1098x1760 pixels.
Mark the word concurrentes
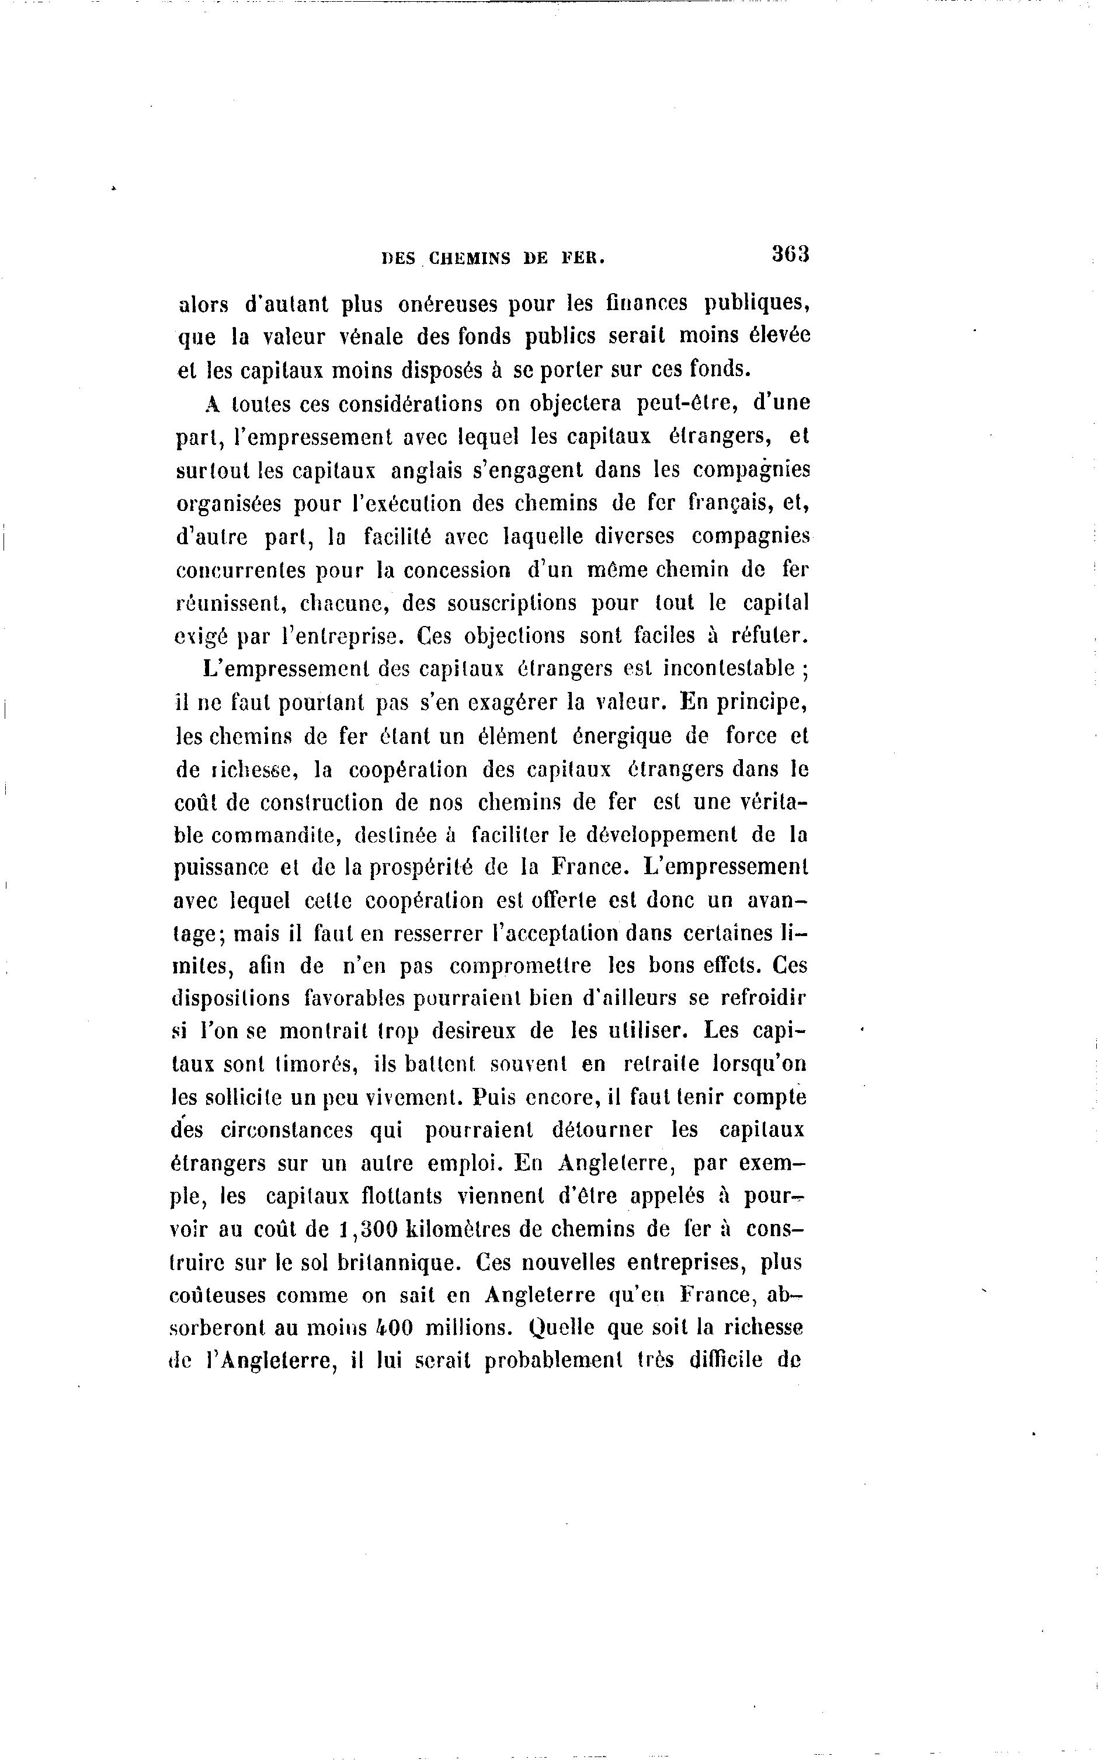tap(246, 571)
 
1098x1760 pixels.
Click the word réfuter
tap(769, 636)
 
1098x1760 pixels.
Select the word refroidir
tap(763, 999)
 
